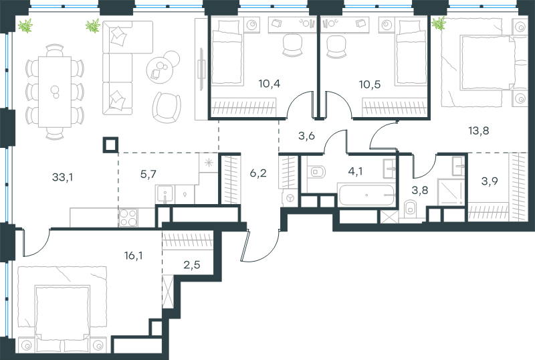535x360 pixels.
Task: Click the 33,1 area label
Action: (x=62, y=177)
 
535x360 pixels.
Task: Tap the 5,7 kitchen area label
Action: (x=148, y=174)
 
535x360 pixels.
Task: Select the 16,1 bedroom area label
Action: (x=133, y=255)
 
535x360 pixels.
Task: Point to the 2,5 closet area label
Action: (x=192, y=264)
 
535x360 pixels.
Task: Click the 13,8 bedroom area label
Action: (x=479, y=130)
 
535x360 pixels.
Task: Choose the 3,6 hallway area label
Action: (x=306, y=136)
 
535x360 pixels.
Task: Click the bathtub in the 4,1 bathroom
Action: (x=366, y=195)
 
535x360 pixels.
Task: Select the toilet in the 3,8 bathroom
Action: (x=410, y=209)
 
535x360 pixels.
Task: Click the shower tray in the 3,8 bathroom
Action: (x=450, y=191)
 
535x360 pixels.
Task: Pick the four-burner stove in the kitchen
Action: (x=128, y=217)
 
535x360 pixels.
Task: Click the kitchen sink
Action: (x=165, y=194)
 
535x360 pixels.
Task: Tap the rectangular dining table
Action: (x=55, y=92)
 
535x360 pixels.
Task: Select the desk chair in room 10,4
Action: (x=292, y=45)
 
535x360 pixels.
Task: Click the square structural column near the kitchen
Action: (x=110, y=145)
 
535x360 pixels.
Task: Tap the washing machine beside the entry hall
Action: (x=290, y=199)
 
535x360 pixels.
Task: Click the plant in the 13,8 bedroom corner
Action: (x=439, y=23)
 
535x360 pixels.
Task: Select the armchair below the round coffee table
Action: (x=167, y=107)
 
